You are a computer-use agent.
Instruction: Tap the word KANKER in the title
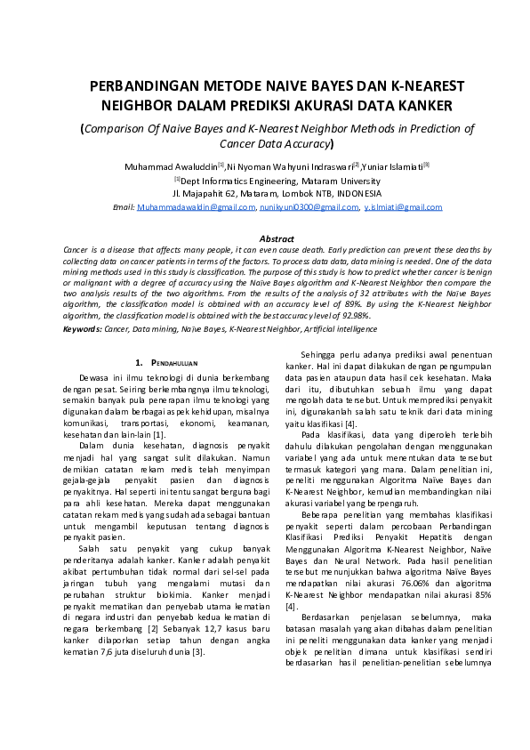click(x=423, y=106)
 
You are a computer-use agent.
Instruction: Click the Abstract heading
click(x=276, y=238)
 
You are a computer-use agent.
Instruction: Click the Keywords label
click(x=82, y=328)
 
